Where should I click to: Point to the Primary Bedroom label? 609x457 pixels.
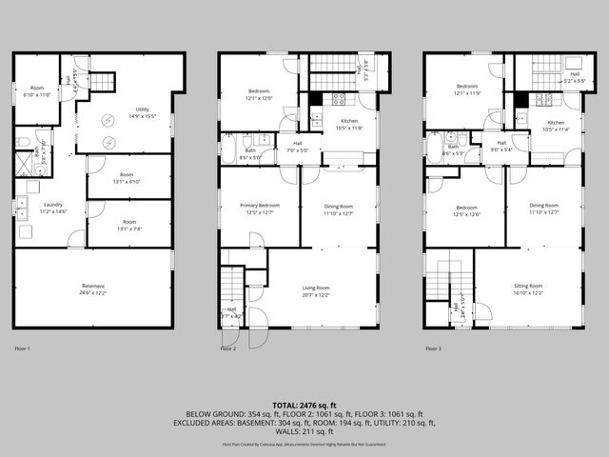point(260,209)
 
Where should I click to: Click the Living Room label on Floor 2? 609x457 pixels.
point(316,290)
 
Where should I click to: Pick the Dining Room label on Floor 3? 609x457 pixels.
point(543,209)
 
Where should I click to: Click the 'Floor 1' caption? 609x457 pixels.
point(22,348)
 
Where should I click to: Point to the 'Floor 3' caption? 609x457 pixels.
point(433,348)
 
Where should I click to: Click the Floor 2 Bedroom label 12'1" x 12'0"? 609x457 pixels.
point(260,94)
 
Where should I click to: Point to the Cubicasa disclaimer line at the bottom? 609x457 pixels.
point(304,444)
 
